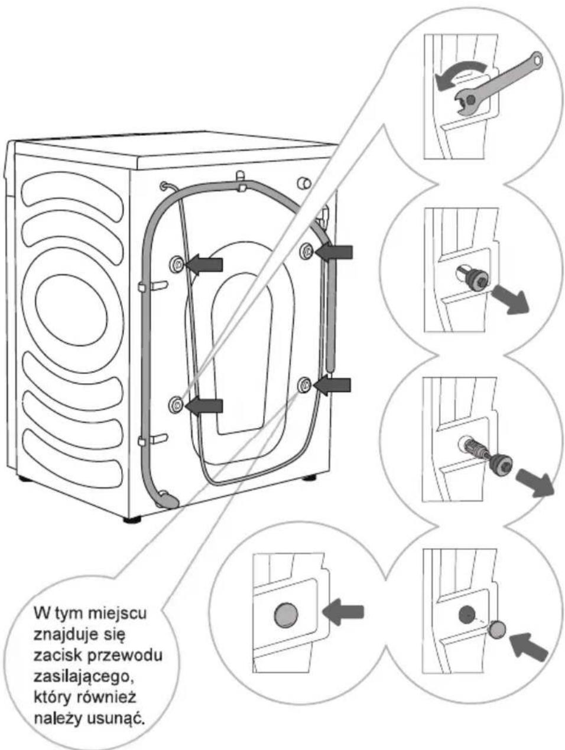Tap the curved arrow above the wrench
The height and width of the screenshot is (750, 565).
[460, 73]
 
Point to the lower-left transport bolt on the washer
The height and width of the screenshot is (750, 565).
[176, 405]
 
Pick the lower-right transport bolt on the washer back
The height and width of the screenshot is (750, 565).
[304, 386]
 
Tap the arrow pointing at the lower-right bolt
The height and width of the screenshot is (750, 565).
[332, 386]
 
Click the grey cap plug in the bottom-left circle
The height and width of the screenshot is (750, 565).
[286, 615]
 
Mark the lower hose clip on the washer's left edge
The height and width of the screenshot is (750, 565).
[142, 441]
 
